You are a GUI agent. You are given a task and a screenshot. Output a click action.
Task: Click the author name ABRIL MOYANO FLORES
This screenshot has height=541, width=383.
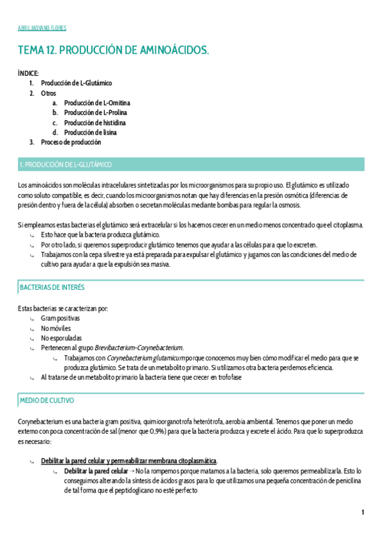click(41, 28)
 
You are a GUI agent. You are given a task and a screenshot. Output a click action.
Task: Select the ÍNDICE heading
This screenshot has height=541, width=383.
click(28, 73)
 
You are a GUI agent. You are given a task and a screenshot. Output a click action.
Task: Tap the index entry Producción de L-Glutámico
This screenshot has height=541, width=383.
click(76, 83)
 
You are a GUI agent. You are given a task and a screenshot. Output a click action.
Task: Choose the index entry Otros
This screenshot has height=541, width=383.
click(49, 93)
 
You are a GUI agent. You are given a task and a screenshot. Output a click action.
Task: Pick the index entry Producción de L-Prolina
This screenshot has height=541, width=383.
click(96, 113)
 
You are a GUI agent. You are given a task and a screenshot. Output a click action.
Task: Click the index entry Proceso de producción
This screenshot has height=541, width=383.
click(71, 142)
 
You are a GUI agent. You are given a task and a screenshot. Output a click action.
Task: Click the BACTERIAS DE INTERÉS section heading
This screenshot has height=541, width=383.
click(52, 288)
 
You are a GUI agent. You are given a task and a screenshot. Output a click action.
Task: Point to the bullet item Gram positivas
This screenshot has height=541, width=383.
click(60, 318)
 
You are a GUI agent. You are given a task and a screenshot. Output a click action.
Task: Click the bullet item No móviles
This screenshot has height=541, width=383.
click(56, 328)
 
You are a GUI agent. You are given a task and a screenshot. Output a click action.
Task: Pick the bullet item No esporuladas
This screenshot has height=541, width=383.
click(61, 338)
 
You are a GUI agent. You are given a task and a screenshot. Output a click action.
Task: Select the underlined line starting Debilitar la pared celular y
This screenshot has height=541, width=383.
click(129, 461)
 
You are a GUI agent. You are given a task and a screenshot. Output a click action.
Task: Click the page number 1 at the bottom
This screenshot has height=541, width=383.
click(363, 512)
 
